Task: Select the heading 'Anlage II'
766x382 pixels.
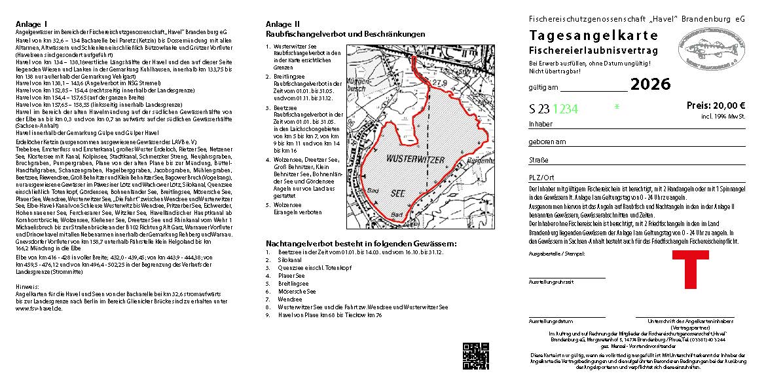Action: [x=280, y=24]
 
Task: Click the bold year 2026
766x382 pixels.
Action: [x=650, y=84]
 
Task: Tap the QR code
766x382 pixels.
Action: [x=476, y=356]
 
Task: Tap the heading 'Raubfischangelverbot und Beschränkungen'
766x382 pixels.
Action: [x=345, y=33]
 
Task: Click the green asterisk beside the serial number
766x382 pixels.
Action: [x=616, y=106]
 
